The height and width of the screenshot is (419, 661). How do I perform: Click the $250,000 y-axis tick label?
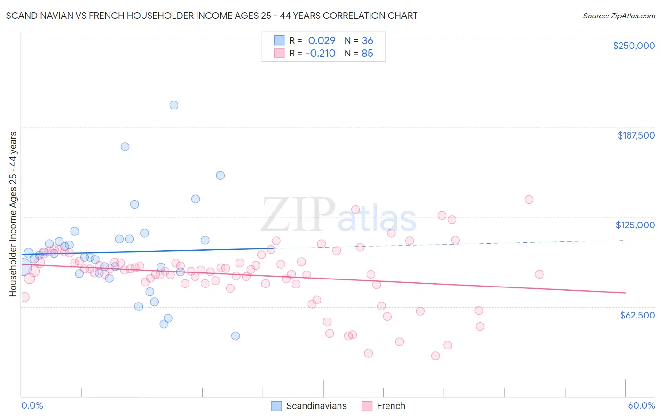point(634,46)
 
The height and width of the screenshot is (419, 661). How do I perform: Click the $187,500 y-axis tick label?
point(636,135)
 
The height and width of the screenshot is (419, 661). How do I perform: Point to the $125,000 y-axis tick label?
point(635,225)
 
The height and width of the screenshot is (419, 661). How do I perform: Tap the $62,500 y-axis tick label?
point(637,315)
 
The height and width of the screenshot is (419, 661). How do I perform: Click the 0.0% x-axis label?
point(32,405)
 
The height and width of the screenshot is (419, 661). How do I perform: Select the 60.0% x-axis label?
point(641,405)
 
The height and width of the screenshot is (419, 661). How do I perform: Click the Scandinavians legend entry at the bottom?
point(316,406)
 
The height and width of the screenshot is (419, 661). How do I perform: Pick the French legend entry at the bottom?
point(391,406)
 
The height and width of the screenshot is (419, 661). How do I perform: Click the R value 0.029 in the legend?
point(322,40)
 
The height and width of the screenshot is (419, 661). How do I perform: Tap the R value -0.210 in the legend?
point(320,53)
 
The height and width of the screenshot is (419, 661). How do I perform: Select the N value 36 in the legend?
point(367,40)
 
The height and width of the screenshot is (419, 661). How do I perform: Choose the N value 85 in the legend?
point(367,53)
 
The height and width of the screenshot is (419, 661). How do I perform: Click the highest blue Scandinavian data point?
point(174,105)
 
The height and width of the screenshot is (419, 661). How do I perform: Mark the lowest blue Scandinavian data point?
point(236,336)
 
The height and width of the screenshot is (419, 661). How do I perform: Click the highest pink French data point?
point(529,200)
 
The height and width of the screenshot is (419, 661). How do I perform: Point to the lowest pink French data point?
point(435,356)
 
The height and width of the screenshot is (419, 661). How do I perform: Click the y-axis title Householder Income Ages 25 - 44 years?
point(13,214)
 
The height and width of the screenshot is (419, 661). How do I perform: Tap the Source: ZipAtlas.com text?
point(619,16)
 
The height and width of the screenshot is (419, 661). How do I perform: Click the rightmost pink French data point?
point(539,274)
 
